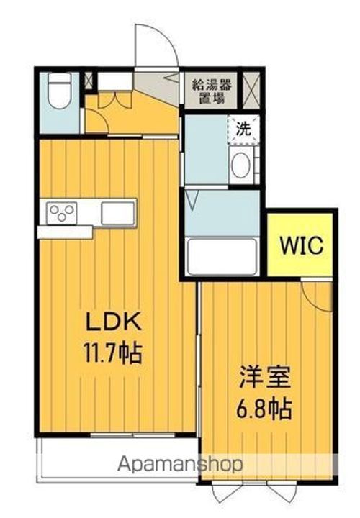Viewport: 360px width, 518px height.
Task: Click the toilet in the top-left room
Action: tap(60, 90)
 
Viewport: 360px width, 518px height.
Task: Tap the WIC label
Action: tap(302, 245)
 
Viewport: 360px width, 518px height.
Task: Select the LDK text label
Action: tap(114, 322)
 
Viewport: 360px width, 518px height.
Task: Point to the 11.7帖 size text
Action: tap(113, 353)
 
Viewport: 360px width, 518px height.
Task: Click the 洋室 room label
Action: tap(265, 377)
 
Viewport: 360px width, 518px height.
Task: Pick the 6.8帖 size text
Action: tap(264, 409)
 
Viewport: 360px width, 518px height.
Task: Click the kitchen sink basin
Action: tap(118, 213)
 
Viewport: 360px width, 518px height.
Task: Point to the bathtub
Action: tap(222, 257)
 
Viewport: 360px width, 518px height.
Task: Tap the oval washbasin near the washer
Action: tap(240, 165)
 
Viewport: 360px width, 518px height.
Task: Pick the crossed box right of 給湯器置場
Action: tap(251, 90)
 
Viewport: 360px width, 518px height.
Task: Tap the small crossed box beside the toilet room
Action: tap(89, 81)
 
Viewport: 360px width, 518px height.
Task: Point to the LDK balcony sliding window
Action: tap(132, 435)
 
